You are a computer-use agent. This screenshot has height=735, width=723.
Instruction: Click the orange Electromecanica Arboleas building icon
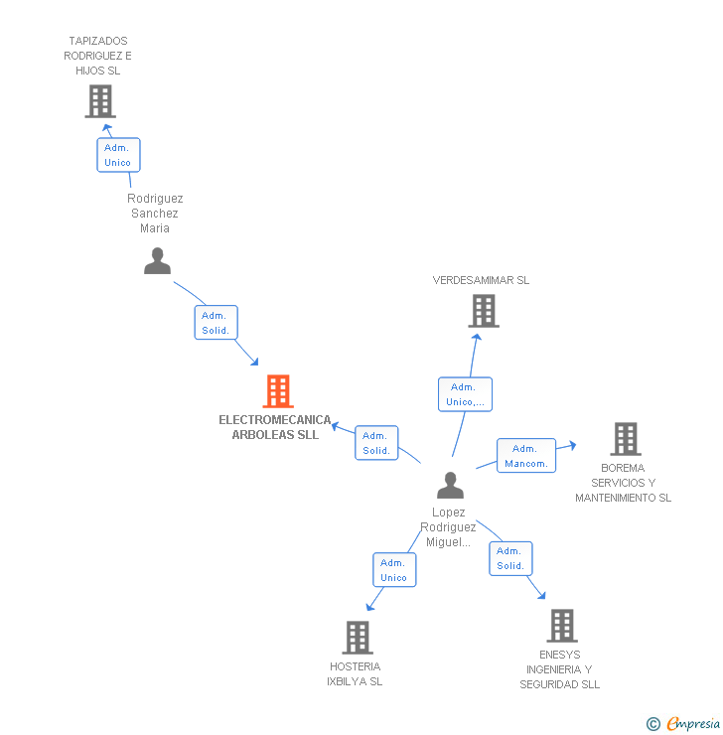[x=278, y=391]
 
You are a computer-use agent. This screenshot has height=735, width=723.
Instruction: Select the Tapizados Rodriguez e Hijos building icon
[x=99, y=100]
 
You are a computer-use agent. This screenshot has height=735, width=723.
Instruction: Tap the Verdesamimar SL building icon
[x=483, y=311]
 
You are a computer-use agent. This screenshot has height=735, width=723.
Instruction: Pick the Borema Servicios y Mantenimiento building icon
[x=625, y=438]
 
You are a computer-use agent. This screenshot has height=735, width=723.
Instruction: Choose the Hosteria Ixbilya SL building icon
[x=357, y=637]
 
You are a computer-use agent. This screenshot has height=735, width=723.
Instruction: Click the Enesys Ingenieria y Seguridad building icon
[x=562, y=625]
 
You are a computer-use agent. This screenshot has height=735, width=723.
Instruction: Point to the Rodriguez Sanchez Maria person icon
[x=157, y=261]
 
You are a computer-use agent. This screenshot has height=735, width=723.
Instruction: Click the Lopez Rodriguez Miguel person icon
[x=450, y=486]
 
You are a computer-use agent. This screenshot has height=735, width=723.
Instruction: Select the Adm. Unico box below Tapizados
[x=118, y=155]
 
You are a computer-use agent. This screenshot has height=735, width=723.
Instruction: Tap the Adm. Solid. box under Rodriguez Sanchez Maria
[x=216, y=323]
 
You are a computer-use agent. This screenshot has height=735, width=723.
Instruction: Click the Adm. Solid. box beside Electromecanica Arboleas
[x=376, y=443]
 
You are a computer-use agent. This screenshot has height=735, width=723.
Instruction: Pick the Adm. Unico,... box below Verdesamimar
[x=465, y=394]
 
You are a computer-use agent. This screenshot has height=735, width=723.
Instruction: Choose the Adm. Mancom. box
[x=525, y=456]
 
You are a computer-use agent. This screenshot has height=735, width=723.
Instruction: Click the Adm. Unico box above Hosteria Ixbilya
[x=394, y=570]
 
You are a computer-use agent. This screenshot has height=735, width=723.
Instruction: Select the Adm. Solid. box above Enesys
[x=510, y=558]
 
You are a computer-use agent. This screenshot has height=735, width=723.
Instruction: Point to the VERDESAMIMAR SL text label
[x=481, y=280]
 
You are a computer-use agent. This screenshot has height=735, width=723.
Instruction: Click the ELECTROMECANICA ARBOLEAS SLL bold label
[x=275, y=427]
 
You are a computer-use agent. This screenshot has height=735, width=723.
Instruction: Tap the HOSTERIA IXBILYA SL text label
[x=355, y=673]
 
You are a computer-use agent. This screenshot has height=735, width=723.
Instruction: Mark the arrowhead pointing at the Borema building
[x=571, y=446]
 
